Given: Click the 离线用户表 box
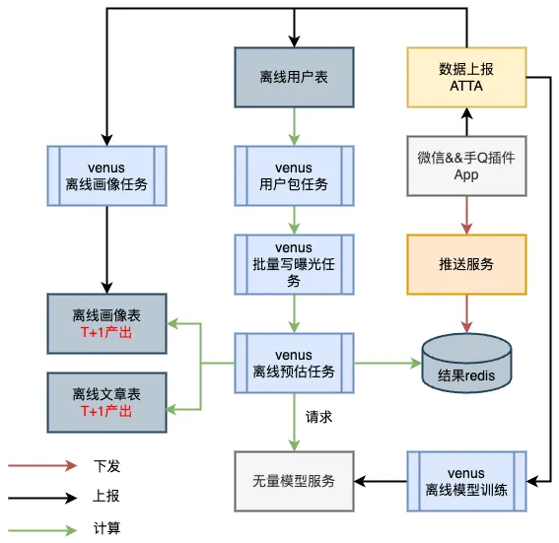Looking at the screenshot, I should (x=295, y=77).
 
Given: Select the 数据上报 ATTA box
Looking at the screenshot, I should (x=466, y=77).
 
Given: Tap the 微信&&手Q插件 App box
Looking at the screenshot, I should (x=466, y=165).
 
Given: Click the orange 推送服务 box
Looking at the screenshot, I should (x=466, y=264).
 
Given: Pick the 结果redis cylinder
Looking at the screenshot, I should (x=466, y=364).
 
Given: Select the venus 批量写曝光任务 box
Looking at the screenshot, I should (x=295, y=264).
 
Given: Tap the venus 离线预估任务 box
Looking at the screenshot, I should (x=295, y=364).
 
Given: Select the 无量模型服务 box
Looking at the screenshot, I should (x=295, y=481).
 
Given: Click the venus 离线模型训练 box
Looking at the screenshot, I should (x=466, y=481).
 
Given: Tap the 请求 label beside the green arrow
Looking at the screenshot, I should (x=319, y=417).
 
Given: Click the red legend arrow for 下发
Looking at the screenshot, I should (x=43, y=465).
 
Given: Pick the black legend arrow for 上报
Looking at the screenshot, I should (x=43, y=498).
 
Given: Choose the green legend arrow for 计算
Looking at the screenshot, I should (x=43, y=529).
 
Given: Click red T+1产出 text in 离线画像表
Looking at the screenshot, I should (x=106, y=333).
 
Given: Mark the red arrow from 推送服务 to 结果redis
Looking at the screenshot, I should (x=466, y=313).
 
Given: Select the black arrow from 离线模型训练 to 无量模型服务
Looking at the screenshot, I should (x=381, y=481).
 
